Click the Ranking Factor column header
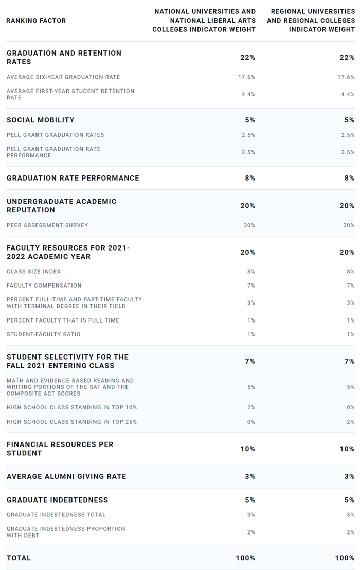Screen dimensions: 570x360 click(x=36, y=21)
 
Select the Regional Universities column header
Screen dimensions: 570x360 click(x=311, y=21)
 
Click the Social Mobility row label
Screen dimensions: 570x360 click(x=41, y=120)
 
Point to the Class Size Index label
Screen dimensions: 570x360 click(x=33, y=271)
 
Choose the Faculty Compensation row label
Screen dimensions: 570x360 click(x=44, y=286)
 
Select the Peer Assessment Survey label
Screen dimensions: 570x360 click(x=47, y=225)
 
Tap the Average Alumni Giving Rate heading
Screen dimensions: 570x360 click(x=66, y=476)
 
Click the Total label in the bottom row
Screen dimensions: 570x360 click(x=19, y=558)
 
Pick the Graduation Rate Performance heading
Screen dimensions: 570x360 click(x=73, y=178)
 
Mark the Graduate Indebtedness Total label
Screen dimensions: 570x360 click(x=56, y=514)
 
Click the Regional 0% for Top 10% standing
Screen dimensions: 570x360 click(x=350, y=407)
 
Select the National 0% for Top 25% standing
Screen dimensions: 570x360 click(x=251, y=422)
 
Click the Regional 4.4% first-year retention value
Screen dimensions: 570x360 click(x=348, y=94)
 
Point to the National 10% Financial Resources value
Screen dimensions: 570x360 click(x=247, y=449)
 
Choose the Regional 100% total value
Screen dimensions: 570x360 click(x=345, y=558)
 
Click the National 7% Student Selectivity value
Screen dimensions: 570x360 click(x=250, y=361)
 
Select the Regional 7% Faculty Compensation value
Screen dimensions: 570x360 click(x=350, y=286)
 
